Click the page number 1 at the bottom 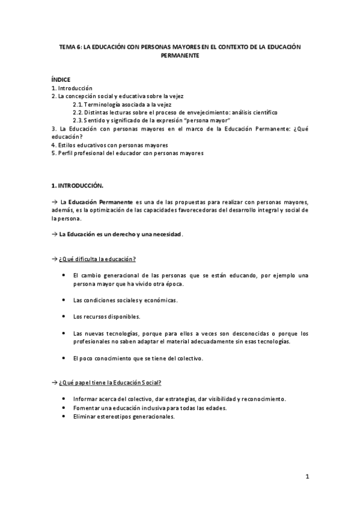point(307,477)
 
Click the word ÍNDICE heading point(61,79)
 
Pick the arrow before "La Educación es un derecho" point(54,234)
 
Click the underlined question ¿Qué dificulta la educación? point(97,259)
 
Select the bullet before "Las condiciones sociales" point(64,300)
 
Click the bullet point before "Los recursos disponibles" point(64,316)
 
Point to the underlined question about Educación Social point(109,382)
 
